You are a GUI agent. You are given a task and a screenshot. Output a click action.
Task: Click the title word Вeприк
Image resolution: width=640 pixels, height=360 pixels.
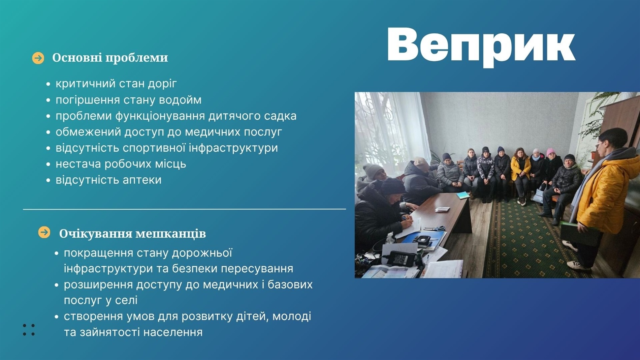[x=481, y=46]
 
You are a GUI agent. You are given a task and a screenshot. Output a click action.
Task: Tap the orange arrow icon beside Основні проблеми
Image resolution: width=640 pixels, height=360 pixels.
[x=38, y=58]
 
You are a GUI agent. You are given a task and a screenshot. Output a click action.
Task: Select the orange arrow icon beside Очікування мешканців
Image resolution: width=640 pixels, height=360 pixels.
[x=44, y=232]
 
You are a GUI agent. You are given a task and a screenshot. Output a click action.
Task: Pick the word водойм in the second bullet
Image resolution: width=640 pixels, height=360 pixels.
[x=180, y=100]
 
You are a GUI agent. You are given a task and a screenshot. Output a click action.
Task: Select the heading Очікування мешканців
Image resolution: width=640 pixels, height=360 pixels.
[x=132, y=233]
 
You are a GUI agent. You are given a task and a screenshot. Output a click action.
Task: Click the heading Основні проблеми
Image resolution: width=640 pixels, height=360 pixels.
[x=110, y=58]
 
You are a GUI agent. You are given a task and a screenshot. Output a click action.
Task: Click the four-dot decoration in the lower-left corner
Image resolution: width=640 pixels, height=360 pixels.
[x=29, y=330]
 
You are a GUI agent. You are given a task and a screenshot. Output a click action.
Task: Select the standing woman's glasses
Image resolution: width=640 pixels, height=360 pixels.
[x=599, y=145]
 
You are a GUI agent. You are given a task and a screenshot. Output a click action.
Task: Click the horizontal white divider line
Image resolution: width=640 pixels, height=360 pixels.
[x=184, y=209]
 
